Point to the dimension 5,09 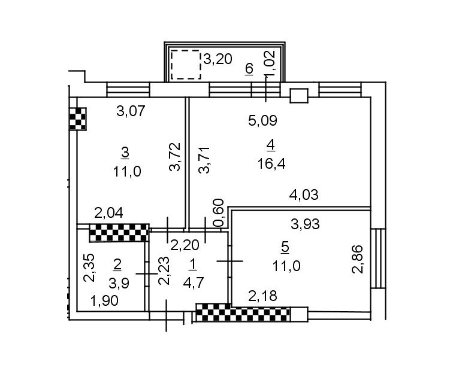click(x=263, y=121)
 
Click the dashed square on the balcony click(x=186, y=65)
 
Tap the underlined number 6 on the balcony click(x=249, y=69)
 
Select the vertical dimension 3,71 click(x=204, y=160)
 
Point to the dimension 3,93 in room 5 click(x=305, y=224)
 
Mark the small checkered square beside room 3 click(x=78, y=118)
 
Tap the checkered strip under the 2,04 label click(x=119, y=233)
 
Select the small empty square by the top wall click(x=298, y=95)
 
